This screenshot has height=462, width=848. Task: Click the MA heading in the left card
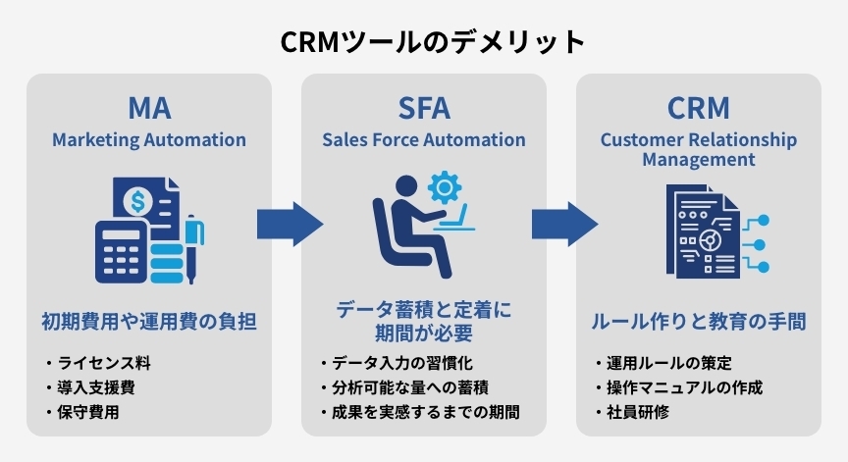point(149,107)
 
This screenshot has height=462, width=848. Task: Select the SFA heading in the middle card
point(424,107)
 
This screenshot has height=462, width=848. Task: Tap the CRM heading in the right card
point(698,107)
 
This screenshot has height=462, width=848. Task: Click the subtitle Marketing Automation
point(149,139)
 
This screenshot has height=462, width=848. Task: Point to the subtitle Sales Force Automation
point(424,139)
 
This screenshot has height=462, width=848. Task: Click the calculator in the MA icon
point(120,251)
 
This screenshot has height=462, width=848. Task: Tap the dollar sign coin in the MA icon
point(137,202)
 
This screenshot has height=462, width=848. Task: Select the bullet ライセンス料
point(104,363)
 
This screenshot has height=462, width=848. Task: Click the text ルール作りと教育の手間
point(698,321)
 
